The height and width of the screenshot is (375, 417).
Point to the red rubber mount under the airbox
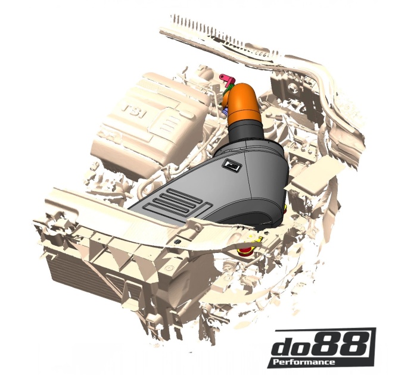click(x=245, y=254)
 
